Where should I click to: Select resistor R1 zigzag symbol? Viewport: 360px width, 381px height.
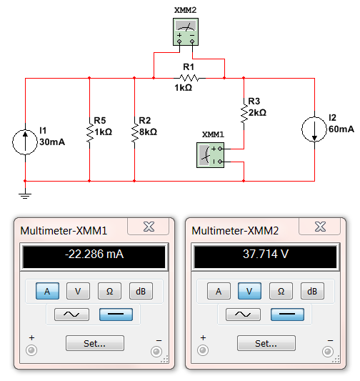[x=189, y=76]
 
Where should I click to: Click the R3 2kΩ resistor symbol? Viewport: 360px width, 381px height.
[x=244, y=112]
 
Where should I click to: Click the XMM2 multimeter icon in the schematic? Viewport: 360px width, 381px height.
[x=185, y=32]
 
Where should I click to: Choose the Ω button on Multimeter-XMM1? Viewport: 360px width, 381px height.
[x=110, y=291]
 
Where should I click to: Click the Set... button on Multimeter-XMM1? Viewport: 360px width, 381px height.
[x=94, y=343]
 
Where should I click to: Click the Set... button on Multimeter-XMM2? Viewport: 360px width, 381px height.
[x=266, y=343]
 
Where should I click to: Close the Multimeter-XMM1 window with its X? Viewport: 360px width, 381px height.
[x=149, y=227]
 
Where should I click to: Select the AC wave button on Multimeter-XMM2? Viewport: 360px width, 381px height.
[x=243, y=314]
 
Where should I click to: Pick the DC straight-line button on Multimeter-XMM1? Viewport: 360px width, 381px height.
[x=115, y=314]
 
